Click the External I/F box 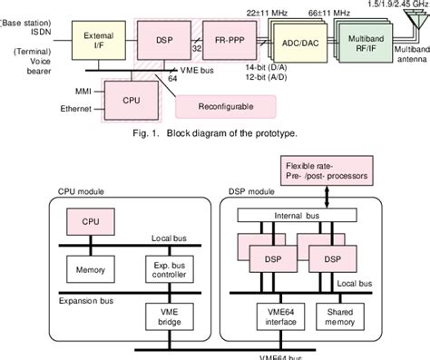coord(98,41)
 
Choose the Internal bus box coord(303,216)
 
